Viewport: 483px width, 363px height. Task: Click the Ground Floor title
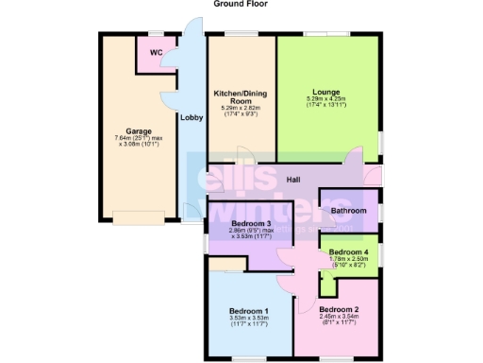point(240,5)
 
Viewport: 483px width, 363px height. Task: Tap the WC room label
point(156,52)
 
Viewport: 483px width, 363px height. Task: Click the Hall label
point(292,179)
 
